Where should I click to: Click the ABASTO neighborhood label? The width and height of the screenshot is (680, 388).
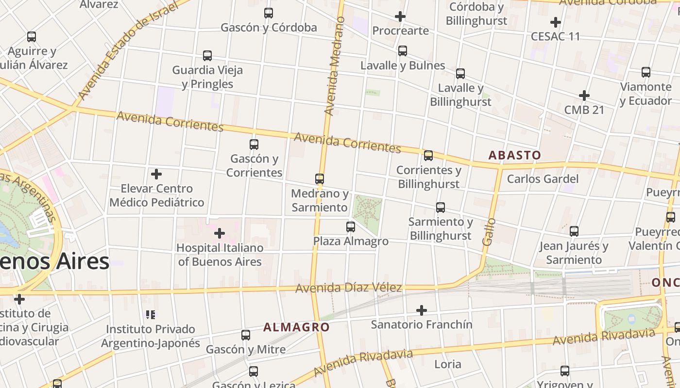click(x=514, y=155)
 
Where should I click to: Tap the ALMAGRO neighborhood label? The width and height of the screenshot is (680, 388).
click(x=296, y=327)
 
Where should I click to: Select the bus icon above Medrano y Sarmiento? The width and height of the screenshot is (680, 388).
click(x=320, y=179)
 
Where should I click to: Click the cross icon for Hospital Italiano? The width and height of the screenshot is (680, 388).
click(x=220, y=233)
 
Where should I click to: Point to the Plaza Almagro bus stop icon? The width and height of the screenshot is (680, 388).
click(x=351, y=226)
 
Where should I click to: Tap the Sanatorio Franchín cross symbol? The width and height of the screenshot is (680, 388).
click(x=422, y=310)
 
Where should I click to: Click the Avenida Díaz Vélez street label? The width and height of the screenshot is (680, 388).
click(x=348, y=288)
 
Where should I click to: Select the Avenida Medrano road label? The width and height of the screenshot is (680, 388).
click(x=334, y=66)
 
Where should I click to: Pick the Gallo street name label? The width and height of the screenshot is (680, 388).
click(x=489, y=231)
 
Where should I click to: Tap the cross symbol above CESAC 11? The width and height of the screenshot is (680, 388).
click(x=556, y=22)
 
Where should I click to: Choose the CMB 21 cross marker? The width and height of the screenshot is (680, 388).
click(x=584, y=96)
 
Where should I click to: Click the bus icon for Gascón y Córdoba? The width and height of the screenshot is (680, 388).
click(x=269, y=13)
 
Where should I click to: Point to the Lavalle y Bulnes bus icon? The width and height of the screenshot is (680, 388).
click(x=403, y=50)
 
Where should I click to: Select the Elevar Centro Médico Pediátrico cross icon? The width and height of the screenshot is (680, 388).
click(x=156, y=174)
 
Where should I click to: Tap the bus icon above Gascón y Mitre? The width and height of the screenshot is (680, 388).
click(x=246, y=335)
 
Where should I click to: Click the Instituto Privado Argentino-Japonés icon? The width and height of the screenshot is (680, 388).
click(x=151, y=315)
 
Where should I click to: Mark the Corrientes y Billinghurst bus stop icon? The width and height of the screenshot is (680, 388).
click(x=428, y=156)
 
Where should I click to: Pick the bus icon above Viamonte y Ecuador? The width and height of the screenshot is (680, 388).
click(x=646, y=72)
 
